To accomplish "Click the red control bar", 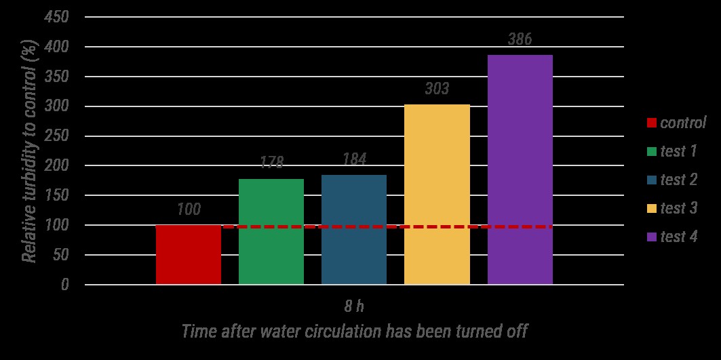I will point(189,255).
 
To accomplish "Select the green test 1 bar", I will point(271,231).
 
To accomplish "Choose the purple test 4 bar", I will point(520,169).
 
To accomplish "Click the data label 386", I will point(520,40).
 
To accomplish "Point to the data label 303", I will point(437,89).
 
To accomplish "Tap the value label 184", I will point(354,160).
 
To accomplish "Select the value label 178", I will point(271,162).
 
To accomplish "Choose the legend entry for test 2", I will point(678,180).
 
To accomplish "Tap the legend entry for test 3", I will point(678,208).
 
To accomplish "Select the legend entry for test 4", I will point(678,237).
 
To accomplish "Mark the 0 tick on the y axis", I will point(64,285).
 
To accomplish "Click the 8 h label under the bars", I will point(354,306).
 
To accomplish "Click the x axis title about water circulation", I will point(354,332).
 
